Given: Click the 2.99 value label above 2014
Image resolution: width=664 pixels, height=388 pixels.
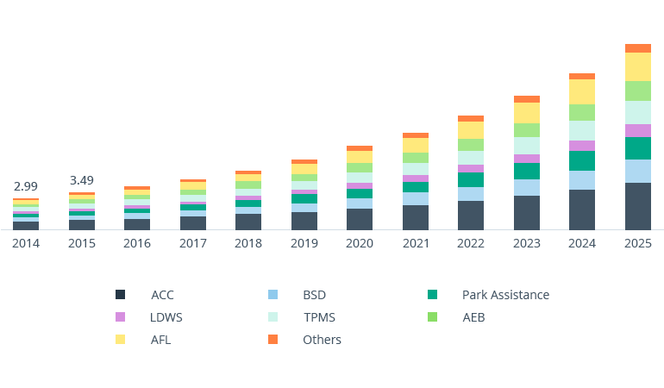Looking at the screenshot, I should point(26,186).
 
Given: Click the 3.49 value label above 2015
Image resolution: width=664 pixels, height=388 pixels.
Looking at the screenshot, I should point(82,180).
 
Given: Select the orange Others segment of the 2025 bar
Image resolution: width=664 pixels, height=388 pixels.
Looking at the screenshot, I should point(638,48).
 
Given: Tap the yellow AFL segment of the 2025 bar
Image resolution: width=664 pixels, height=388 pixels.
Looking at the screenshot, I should point(638,66).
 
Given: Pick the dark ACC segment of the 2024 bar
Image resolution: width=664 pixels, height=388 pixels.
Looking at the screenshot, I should point(582,210).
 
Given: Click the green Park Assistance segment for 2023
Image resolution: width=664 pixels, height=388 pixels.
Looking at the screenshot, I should point(527,171).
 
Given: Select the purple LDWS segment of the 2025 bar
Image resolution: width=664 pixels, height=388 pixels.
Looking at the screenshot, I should point(638,130).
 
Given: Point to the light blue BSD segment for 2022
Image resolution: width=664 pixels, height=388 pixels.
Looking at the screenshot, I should point(471,194).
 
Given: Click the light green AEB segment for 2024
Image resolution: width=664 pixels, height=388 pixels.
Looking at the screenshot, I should point(582,112).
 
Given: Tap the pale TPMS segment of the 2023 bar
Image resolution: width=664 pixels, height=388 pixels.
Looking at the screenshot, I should point(527,146).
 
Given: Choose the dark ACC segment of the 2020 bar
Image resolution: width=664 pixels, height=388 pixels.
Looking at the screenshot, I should point(360,219).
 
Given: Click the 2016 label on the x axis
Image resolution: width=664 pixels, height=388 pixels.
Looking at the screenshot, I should point(137,243).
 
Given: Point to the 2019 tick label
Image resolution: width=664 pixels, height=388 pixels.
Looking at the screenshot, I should point(304,243).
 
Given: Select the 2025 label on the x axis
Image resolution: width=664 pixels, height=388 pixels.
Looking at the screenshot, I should point(638,243).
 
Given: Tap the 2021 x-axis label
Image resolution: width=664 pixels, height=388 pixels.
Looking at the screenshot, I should point(416,243).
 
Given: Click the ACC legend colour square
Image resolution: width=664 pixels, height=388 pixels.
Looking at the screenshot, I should point(121,295).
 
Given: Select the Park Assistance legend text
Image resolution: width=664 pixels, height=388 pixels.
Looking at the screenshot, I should point(505,295).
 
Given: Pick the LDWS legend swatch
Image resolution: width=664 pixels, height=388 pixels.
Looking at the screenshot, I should point(121,317).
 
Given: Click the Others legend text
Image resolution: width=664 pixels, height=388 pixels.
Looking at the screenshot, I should point(322,340).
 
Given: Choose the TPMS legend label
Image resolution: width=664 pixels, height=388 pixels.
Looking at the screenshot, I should point(320,317).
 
